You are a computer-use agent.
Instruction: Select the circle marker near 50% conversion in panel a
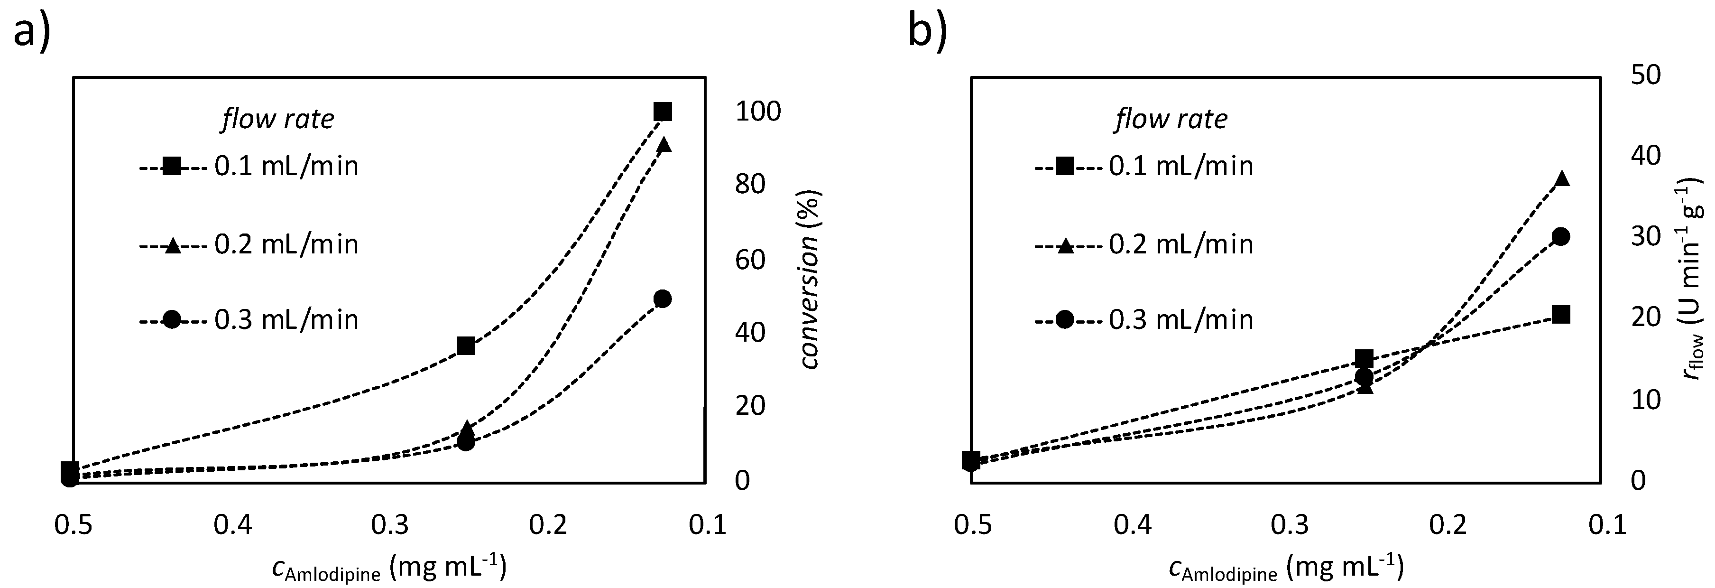(663, 299)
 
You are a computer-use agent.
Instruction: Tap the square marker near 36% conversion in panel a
(466, 345)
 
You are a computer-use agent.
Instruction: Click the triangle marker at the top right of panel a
(663, 144)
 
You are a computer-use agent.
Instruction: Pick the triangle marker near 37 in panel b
(1562, 178)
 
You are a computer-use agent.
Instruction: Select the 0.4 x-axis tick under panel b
(1132, 525)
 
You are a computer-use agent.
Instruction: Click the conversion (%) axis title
(810, 280)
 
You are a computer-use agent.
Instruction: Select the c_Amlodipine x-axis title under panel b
(1285, 568)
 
